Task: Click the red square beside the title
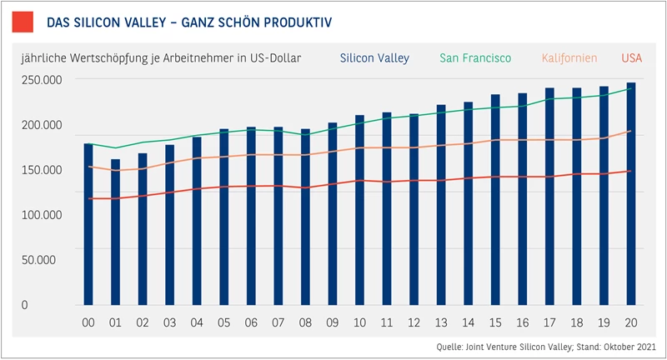[x=23, y=22]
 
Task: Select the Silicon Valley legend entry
[x=374, y=58]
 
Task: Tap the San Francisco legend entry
[x=475, y=57]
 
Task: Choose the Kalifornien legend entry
[x=569, y=57]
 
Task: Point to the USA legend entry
[x=632, y=57]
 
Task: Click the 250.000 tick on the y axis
[x=42, y=80]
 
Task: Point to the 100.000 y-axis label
[x=42, y=215]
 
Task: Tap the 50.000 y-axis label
[x=38, y=260]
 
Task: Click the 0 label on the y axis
[x=25, y=305]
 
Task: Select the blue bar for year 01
[x=115, y=232]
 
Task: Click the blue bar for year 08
[x=305, y=217]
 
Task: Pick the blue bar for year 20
[x=631, y=194]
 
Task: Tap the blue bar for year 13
[x=441, y=205]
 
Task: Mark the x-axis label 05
[x=223, y=323]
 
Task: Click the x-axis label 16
[x=523, y=323]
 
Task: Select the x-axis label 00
[x=88, y=323]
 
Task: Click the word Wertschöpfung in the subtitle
[x=109, y=58]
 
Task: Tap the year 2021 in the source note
[x=647, y=347]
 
